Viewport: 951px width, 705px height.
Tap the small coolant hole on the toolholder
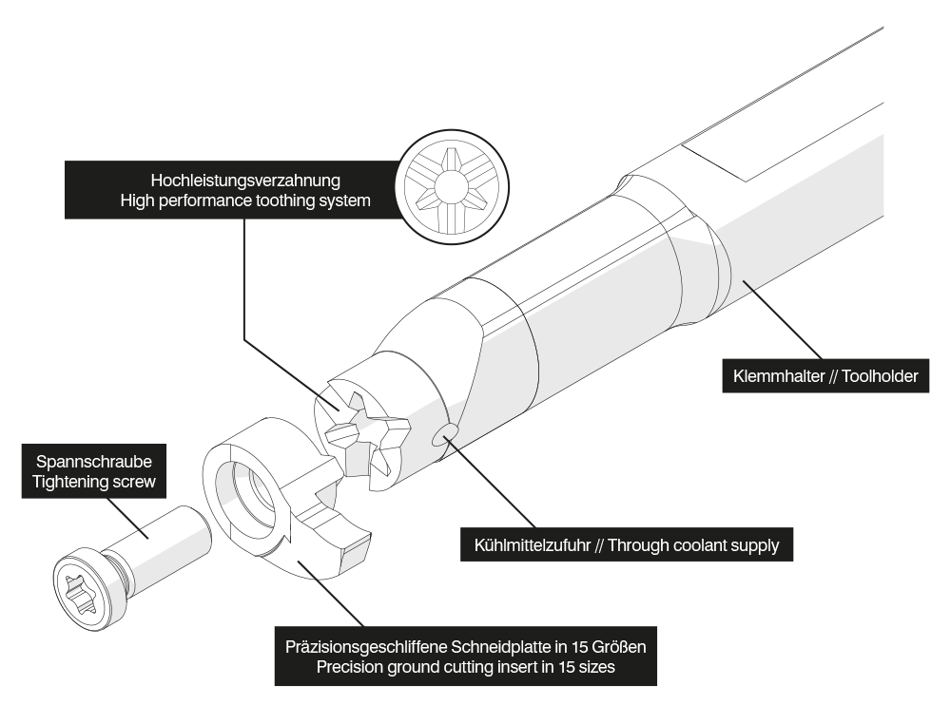point(443,435)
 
